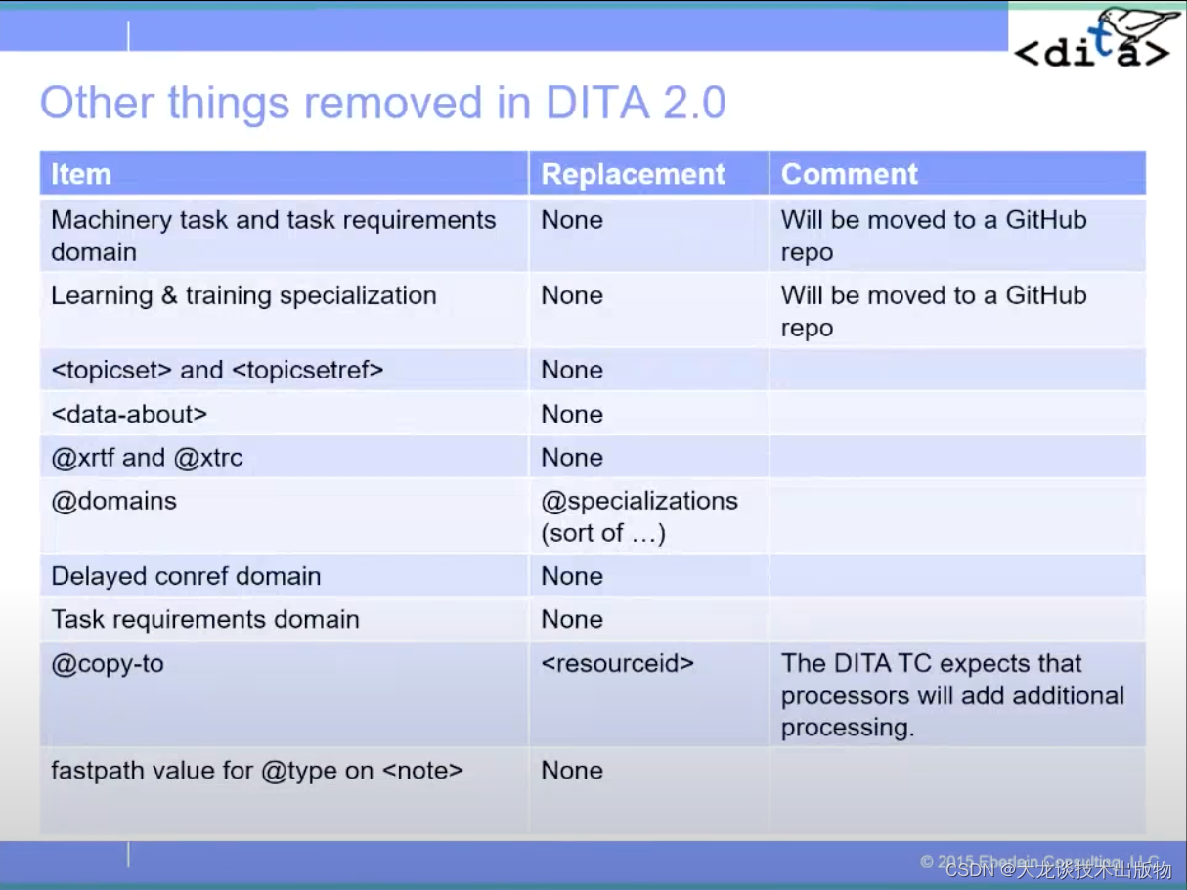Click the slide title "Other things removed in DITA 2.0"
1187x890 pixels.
[382, 103]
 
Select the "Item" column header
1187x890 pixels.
[81, 174]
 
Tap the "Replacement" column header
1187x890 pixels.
[633, 174]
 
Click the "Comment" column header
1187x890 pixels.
[849, 174]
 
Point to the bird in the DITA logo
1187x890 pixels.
[1134, 24]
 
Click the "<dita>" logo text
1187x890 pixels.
[1090, 54]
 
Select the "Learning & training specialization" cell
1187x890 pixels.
[243, 295]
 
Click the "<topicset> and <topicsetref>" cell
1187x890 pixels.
[217, 370]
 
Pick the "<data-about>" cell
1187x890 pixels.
[129, 414]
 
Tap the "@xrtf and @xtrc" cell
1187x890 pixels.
[147, 457]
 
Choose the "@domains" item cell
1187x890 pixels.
[113, 501]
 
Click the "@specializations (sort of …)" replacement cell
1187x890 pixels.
[639, 516]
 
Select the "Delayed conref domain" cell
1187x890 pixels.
[186, 576]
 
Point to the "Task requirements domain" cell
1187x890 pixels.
[205, 619]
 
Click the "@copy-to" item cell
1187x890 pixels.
[108, 663]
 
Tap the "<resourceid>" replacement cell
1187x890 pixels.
[617, 663]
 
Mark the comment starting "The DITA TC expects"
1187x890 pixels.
[952, 694]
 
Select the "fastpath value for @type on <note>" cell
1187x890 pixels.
[256, 771]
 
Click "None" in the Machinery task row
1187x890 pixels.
[571, 220]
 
